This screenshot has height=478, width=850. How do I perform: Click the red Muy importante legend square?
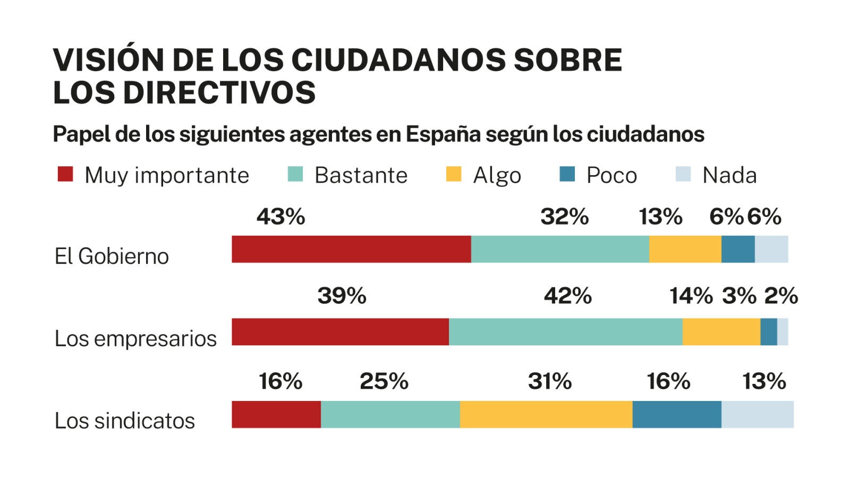click(x=65, y=174)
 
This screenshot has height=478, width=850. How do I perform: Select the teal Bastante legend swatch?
click(x=295, y=174)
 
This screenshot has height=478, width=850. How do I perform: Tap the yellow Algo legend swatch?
click(x=454, y=174)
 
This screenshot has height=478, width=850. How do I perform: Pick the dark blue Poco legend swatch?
click(x=567, y=174)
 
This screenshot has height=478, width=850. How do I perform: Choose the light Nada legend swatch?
click(x=683, y=174)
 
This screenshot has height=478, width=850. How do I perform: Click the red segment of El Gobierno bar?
click(x=351, y=249)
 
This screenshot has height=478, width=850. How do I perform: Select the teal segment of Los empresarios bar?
click(x=565, y=332)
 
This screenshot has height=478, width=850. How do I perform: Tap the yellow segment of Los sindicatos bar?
click(x=546, y=414)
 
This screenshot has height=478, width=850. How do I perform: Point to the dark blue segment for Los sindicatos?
click(x=677, y=414)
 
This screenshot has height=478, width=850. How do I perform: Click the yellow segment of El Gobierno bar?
click(x=685, y=249)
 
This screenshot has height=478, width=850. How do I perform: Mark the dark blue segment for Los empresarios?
click(x=769, y=332)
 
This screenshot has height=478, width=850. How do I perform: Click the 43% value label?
click(x=280, y=217)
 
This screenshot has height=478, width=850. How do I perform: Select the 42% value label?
click(x=567, y=296)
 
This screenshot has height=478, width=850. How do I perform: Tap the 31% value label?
click(x=549, y=381)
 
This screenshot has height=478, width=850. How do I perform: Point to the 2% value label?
click(x=781, y=296)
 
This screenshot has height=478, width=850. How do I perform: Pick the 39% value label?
click(x=342, y=296)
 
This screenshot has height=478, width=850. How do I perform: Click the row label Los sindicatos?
click(x=125, y=421)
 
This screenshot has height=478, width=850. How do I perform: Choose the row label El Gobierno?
click(x=112, y=256)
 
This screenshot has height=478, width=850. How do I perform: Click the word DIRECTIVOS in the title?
click(x=219, y=92)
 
